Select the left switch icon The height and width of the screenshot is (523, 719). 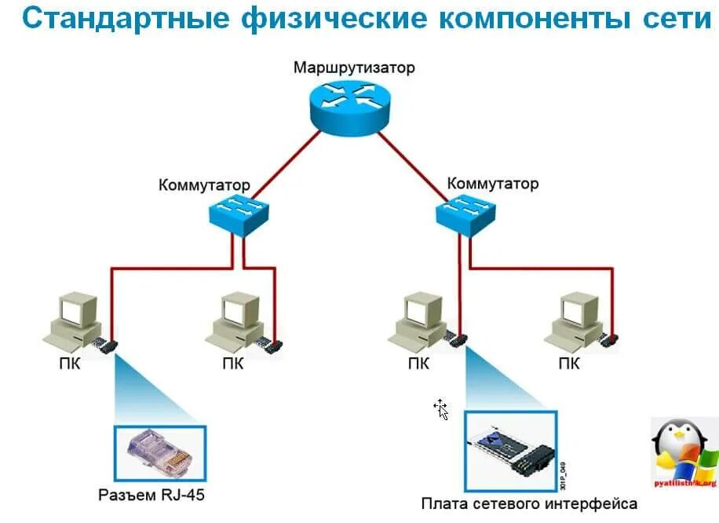[x=239, y=214]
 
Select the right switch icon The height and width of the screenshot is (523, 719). [x=465, y=213]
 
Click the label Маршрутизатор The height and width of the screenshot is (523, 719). [x=354, y=67]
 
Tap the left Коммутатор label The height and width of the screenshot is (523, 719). [x=204, y=186]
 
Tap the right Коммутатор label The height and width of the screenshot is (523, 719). [x=493, y=184]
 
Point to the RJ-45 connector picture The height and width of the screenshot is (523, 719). [x=160, y=454]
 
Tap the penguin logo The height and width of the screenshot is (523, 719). [x=683, y=452]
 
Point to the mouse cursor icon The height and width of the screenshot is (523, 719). [x=441, y=408]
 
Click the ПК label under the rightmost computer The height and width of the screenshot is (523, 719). [x=569, y=364]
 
